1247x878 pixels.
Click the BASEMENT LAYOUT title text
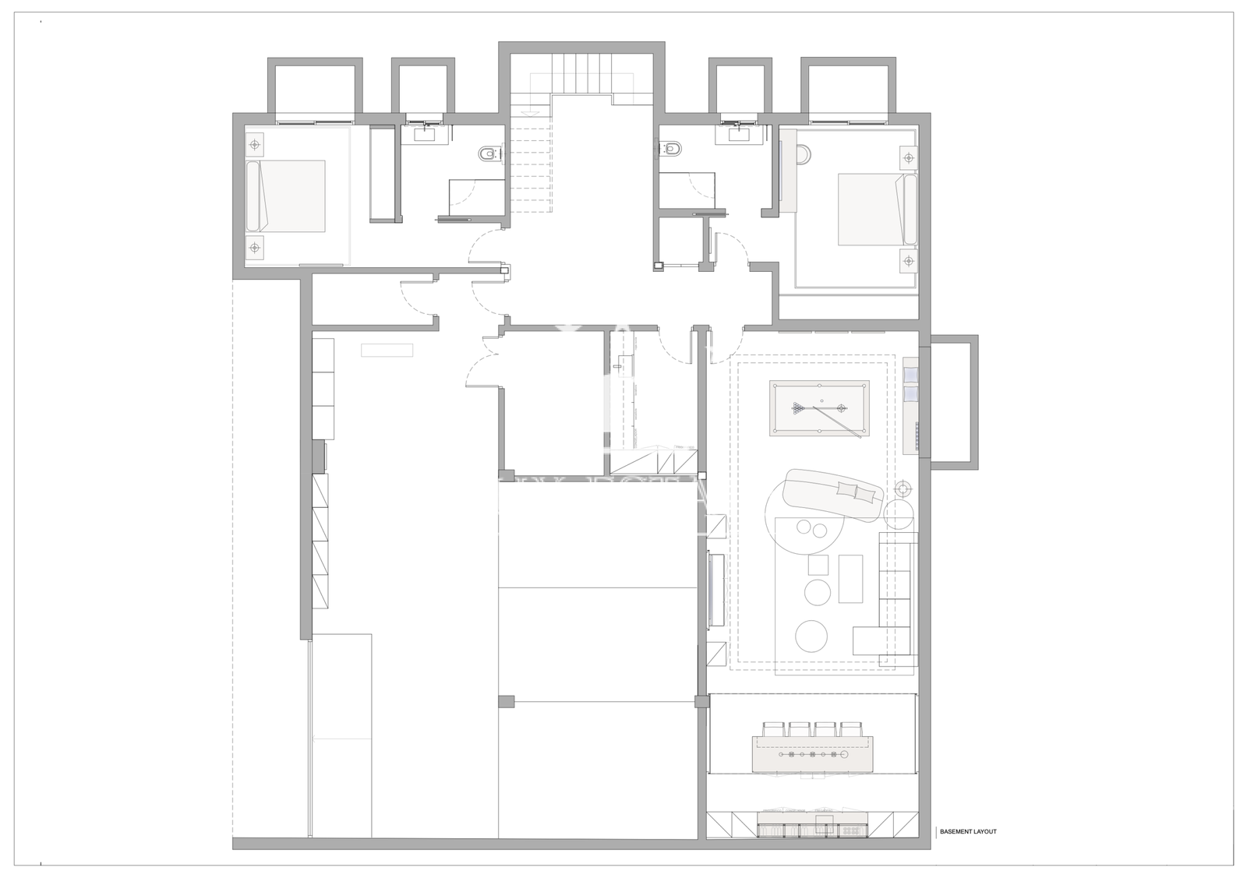968,832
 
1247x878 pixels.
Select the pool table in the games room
819,408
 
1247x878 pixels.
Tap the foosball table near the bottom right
812,754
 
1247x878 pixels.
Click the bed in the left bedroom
285,196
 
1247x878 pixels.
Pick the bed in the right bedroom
878,210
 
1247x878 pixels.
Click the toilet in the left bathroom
489,153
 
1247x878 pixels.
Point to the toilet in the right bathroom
670,147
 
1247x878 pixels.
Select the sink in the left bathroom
424,133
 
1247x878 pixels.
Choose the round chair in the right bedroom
804,155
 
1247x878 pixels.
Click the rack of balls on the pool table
799,409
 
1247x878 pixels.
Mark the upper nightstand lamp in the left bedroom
255,145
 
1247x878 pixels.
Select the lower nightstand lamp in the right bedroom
909,260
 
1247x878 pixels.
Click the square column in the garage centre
506,701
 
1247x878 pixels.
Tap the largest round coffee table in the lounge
812,636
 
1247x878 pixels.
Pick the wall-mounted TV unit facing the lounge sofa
716,591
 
